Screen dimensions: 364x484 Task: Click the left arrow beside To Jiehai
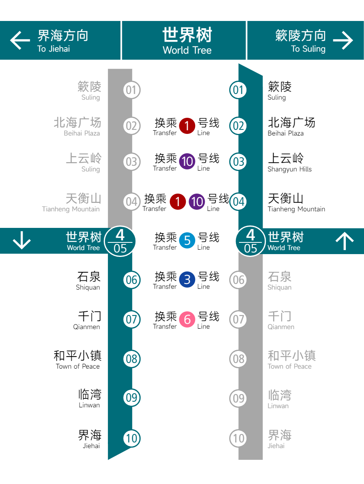(20, 40)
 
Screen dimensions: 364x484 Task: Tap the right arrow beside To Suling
(343, 40)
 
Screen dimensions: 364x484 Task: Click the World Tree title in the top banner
(187, 41)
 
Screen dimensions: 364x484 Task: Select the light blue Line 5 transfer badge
(187, 240)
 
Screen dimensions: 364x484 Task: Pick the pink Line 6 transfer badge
(187, 319)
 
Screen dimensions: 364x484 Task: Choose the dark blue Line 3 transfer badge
(187, 280)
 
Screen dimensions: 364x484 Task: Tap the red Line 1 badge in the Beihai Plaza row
(187, 126)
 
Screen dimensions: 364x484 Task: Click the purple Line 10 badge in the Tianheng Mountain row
(197, 202)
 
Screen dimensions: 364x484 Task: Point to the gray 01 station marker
(132, 90)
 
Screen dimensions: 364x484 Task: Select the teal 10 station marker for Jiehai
(132, 438)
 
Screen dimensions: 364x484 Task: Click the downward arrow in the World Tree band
(22, 240)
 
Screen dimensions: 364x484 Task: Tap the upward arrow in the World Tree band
(345, 241)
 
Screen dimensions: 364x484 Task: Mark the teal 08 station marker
(132, 359)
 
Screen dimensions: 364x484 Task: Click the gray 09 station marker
(238, 398)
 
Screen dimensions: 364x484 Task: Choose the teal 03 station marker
(238, 162)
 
